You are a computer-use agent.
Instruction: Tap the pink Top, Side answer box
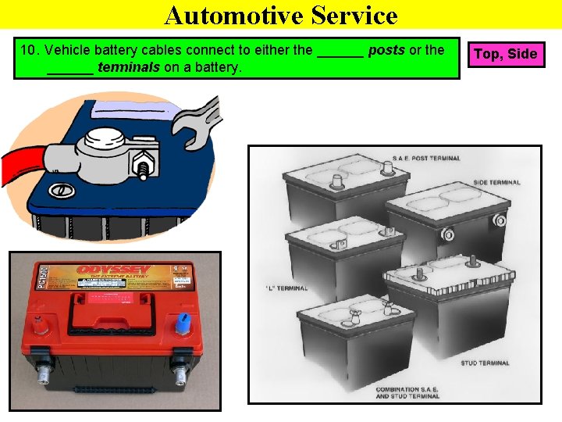point(505,54)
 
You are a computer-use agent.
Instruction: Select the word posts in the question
point(386,51)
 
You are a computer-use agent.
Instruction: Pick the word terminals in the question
point(129,68)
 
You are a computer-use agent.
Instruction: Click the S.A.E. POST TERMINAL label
point(429,158)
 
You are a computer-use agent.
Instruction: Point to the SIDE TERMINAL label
point(496,183)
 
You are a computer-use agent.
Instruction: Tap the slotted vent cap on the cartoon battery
point(58,190)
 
